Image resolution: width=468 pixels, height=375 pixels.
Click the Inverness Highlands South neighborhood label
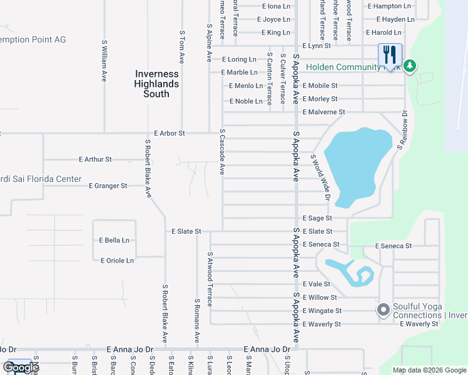157,84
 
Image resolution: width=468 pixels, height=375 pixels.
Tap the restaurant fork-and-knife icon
389,54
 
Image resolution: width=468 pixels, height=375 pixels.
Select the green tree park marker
409,66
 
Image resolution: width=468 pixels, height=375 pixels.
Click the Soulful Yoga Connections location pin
383,310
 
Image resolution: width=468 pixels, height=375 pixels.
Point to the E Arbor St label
170,133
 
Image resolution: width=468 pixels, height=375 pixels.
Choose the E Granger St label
108,186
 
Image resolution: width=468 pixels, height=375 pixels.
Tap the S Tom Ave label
182,47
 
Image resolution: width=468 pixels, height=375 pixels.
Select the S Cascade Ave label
222,152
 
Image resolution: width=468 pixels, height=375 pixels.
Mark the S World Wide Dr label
319,177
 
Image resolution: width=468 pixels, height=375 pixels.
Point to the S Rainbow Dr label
402,130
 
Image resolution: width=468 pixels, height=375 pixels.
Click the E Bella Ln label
114,240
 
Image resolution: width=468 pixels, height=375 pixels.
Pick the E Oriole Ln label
117,260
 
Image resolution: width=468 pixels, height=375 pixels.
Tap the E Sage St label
317,218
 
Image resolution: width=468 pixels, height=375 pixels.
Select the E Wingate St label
322,311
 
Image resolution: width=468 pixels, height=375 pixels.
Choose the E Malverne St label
323,112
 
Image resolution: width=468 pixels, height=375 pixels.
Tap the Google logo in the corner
21,367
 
